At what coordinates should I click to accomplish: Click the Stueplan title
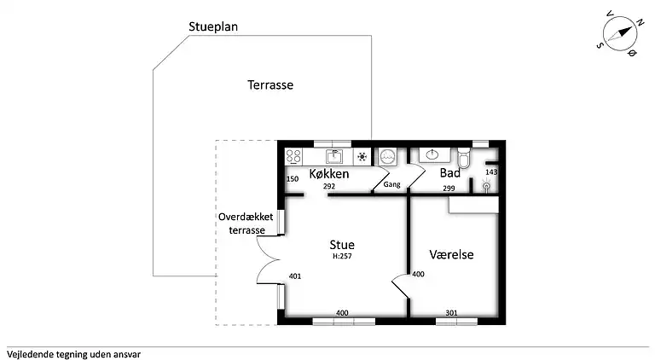click(x=213, y=26)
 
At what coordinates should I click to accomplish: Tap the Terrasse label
click(x=270, y=85)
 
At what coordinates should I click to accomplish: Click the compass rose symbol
click(x=619, y=35)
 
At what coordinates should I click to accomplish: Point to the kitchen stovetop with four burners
click(x=294, y=156)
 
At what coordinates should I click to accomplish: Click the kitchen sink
click(x=335, y=156)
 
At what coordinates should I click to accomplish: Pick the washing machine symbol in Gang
click(x=388, y=156)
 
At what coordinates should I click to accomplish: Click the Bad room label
click(x=449, y=173)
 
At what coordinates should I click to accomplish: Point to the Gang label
click(x=391, y=184)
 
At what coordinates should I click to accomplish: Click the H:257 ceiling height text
click(x=343, y=256)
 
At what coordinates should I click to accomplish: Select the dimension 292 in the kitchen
click(x=329, y=186)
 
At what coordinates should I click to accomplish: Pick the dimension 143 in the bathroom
click(x=490, y=172)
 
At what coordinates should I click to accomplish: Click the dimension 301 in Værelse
click(x=451, y=313)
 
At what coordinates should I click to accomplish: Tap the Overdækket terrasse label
click(x=246, y=224)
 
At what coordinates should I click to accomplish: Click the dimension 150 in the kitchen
click(x=293, y=179)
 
